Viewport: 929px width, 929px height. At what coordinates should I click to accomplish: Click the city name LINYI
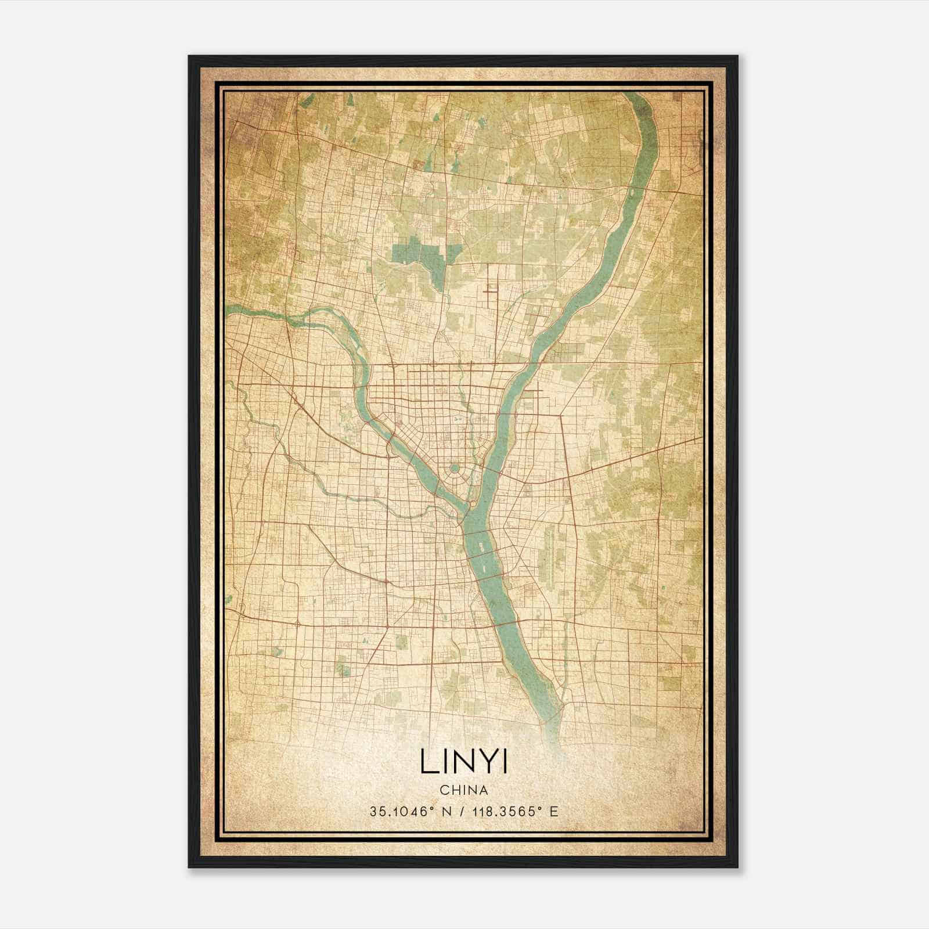(x=463, y=762)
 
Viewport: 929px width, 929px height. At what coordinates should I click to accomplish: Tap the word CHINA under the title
(x=463, y=790)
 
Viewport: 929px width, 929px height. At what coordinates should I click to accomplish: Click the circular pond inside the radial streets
(x=455, y=469)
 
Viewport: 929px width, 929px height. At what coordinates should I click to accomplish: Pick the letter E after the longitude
(x=554, y=811)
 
